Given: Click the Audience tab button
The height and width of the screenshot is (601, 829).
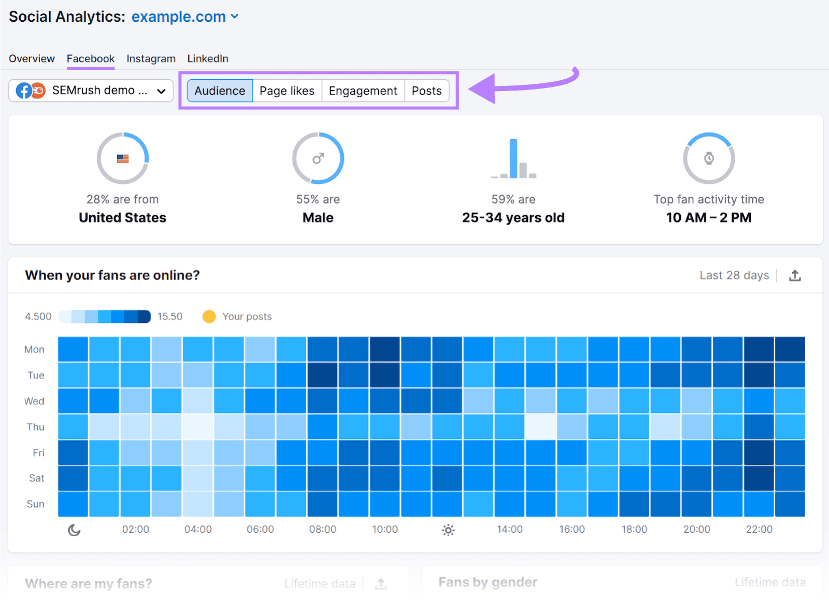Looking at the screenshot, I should [220, 91].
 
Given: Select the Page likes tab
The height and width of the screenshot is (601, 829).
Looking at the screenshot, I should [287, 91].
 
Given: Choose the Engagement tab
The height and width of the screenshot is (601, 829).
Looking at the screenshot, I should [363, 91].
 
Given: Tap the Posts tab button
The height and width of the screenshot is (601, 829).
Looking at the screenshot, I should [426, 91].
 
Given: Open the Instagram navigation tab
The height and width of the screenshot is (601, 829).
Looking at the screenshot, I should [151, 58].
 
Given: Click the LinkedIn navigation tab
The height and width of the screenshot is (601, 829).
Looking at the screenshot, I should [208, 58].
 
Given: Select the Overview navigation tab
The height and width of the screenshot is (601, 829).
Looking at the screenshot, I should [32, 58].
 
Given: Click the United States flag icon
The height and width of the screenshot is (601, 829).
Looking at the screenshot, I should [123, 158].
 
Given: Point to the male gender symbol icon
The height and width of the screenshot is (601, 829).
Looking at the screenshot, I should [318, 158].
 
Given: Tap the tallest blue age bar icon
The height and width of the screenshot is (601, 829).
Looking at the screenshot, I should [513, 158].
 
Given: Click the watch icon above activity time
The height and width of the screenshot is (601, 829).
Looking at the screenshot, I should [709, 158].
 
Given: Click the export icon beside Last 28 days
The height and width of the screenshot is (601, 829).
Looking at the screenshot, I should [795, 275].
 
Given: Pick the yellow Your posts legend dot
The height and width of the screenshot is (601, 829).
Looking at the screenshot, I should [209, 316].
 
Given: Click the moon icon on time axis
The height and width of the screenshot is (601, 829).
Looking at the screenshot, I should [74, 530].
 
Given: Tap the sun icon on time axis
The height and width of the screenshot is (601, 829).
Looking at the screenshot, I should [448, 530].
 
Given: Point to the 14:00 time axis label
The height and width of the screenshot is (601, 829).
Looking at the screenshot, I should [509, 529].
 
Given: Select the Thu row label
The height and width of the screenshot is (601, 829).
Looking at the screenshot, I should [36, 427].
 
